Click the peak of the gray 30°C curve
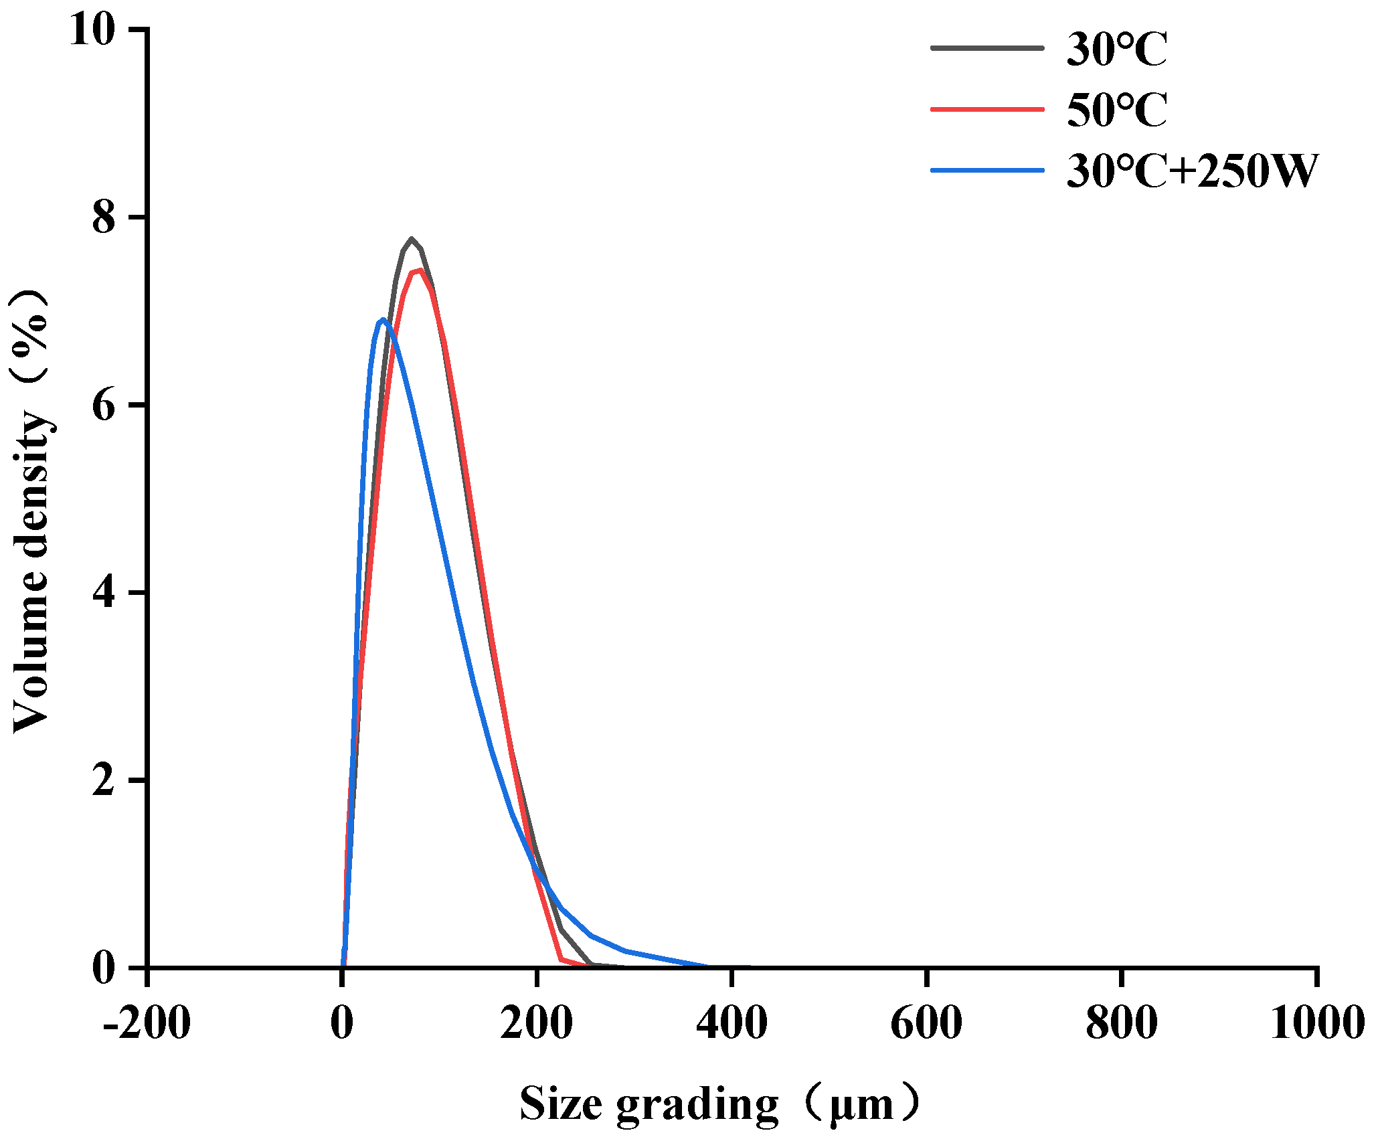(x=412, y=240)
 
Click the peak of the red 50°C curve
(x=420, y=270)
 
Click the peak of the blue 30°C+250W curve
(x=383, y=320)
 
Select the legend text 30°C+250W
(x=1192, y=171)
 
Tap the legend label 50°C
(x=1117, y=110)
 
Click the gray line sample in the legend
(x=987, y=48)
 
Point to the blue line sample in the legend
(x=987, y=171)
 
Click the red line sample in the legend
(x=987, y=109)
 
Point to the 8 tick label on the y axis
(x=104, y=217)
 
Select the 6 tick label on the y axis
(x=104, y=406)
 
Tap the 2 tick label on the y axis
(x=104, y=780)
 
